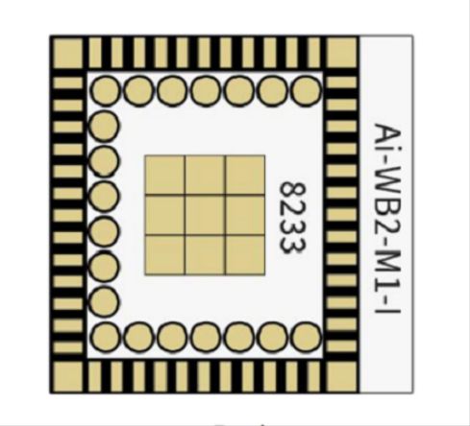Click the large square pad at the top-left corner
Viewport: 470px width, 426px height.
[x=68, y=53]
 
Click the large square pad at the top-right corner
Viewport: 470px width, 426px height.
[x=341, y=53]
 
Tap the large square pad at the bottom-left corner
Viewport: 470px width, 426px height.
[x=68, y=376]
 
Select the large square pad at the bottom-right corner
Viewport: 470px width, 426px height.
[x=341, y=376]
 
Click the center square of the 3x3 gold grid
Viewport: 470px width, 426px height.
[x=205, y=215]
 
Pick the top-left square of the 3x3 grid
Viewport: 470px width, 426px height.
[x=165, y=175]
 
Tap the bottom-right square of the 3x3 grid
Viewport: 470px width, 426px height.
[x=245, y=255]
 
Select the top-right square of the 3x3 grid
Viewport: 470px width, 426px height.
[x=245, y=175]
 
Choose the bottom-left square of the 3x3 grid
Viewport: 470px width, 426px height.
[x=165, y=255]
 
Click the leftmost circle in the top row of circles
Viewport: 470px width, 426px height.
[x=105, y=90]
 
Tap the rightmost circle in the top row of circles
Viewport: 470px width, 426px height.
[x=307, y=90]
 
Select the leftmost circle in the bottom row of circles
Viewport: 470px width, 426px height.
[x=105, y=337]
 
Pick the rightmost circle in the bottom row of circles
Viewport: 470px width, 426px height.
[x=307, y=337]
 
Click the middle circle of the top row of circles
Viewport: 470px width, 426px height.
[x=206, y=90]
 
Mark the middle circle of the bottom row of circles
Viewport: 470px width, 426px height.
[x=206, y=337]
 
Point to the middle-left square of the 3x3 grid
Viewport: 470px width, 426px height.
[x=165, y=215]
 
